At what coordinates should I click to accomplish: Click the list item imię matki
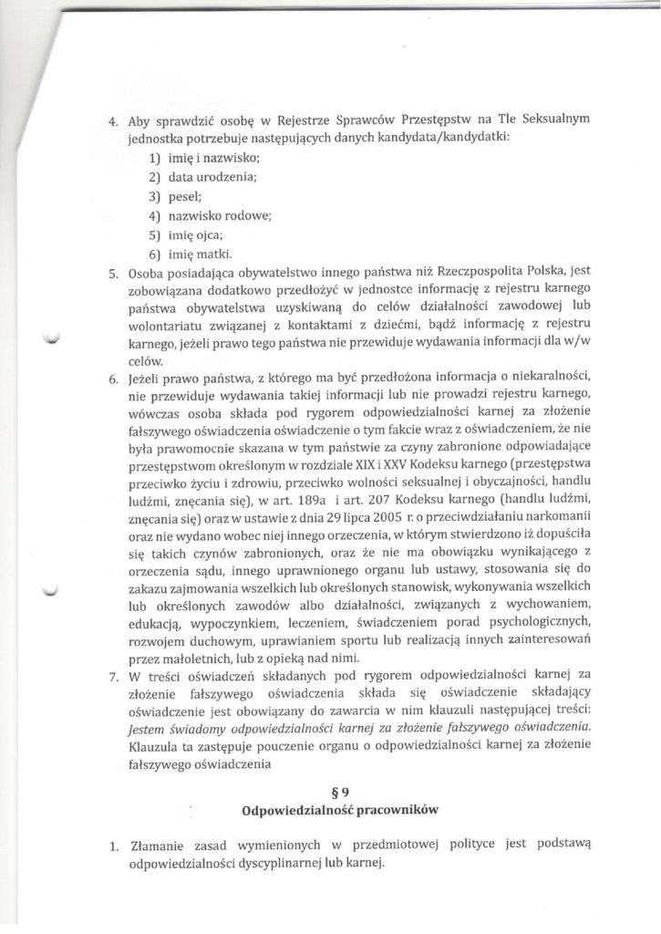tap(198, 253)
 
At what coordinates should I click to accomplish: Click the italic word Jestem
tap(149, 727)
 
